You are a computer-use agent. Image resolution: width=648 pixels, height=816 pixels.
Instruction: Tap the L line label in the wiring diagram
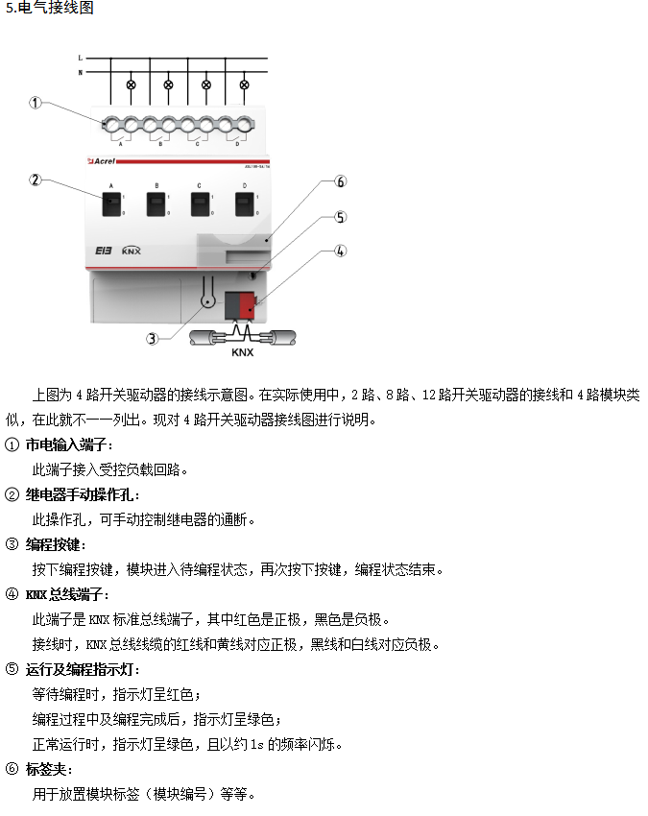tap(81, 58)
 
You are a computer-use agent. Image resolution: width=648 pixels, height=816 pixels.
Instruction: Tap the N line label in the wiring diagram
tap(81, 72)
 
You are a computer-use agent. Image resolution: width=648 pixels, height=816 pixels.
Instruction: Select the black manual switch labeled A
tap(112, 204)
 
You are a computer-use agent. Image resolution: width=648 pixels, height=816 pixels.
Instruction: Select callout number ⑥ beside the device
tap(340, 181)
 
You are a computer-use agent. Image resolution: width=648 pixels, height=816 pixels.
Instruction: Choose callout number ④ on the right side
tap(340, 252)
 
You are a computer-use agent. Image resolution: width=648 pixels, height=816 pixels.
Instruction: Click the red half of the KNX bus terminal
tap(248, 306)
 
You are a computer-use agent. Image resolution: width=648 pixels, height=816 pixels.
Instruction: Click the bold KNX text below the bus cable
tap(243, 352)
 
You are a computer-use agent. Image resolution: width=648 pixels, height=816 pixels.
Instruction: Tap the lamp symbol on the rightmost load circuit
tap(243, 84)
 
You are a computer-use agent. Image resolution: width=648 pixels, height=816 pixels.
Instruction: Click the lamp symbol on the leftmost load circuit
tap(132, 84)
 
